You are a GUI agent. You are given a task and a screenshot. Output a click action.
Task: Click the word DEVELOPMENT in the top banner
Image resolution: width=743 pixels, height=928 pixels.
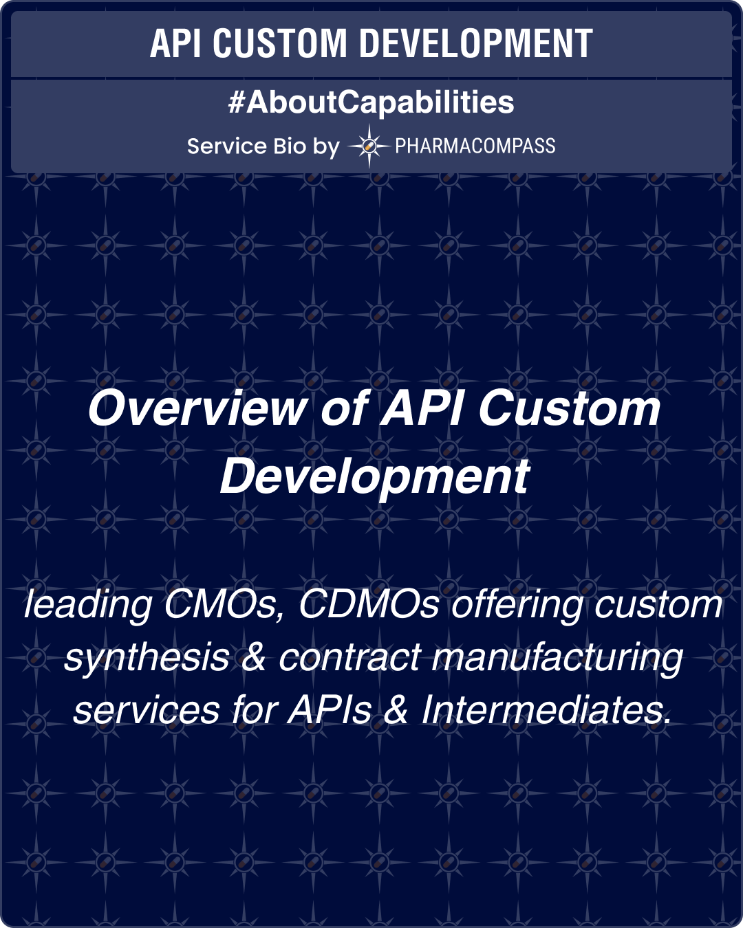pos(475,44)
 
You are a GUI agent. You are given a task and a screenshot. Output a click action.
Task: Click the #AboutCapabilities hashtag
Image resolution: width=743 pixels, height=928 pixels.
pos(371,102)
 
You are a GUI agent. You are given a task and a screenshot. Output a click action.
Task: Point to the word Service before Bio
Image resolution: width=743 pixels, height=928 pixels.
pos(226,146)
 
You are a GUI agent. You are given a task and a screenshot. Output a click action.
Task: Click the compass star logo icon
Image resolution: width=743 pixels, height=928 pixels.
pos(369,146)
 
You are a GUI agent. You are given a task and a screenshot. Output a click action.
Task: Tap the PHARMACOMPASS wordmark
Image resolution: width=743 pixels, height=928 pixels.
pos(475,146)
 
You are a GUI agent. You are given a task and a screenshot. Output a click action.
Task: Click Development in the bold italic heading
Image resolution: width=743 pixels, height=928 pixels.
pos(374,476)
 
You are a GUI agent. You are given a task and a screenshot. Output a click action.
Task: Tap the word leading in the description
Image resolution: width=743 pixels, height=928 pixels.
pos(87,605)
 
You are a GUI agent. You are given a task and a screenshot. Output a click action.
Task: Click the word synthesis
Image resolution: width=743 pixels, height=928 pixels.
pos(147,657)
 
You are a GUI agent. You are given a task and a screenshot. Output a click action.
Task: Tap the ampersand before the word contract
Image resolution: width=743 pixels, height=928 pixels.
pos(254,657)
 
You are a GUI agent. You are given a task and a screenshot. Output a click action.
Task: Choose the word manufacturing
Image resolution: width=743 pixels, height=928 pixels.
pos(557,657)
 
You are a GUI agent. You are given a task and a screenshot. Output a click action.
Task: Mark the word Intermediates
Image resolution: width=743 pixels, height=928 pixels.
pos(546,709)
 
